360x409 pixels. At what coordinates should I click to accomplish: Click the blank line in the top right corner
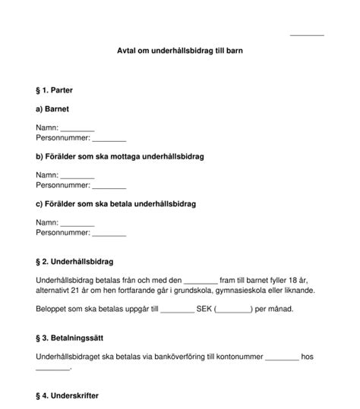(x=307, y=34)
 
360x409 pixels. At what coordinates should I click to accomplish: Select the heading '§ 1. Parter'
(x=59, y=90)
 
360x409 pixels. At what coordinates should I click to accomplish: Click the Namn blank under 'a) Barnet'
(x=77, y=130)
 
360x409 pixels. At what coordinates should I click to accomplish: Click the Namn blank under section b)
(x=77, y=176)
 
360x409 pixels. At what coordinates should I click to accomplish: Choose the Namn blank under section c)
(x=77, y=223)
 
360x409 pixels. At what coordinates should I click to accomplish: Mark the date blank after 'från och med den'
(x=201, y=282)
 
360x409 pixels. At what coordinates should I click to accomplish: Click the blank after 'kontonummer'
(x=282, y=357)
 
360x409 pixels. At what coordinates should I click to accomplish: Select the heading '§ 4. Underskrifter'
(x=68, y=396)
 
